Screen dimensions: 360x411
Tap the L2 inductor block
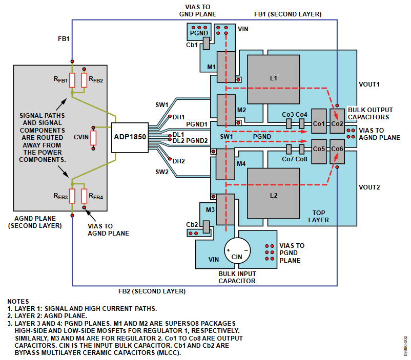[x=273, y=195]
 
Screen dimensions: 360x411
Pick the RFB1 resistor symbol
[x=72, y=79]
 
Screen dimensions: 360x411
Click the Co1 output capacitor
[x=319, y=123]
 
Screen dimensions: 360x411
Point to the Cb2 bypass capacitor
[x=206, y=226]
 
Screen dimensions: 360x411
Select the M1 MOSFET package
[x=223, y=65]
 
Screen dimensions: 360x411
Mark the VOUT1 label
[x=369, y=83]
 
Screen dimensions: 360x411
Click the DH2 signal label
[x=178, y=161]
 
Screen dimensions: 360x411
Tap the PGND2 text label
[x=197, y=140]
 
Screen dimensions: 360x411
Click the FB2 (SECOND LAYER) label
[x=152, y=291]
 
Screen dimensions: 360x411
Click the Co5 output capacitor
[x=319, y=149]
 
